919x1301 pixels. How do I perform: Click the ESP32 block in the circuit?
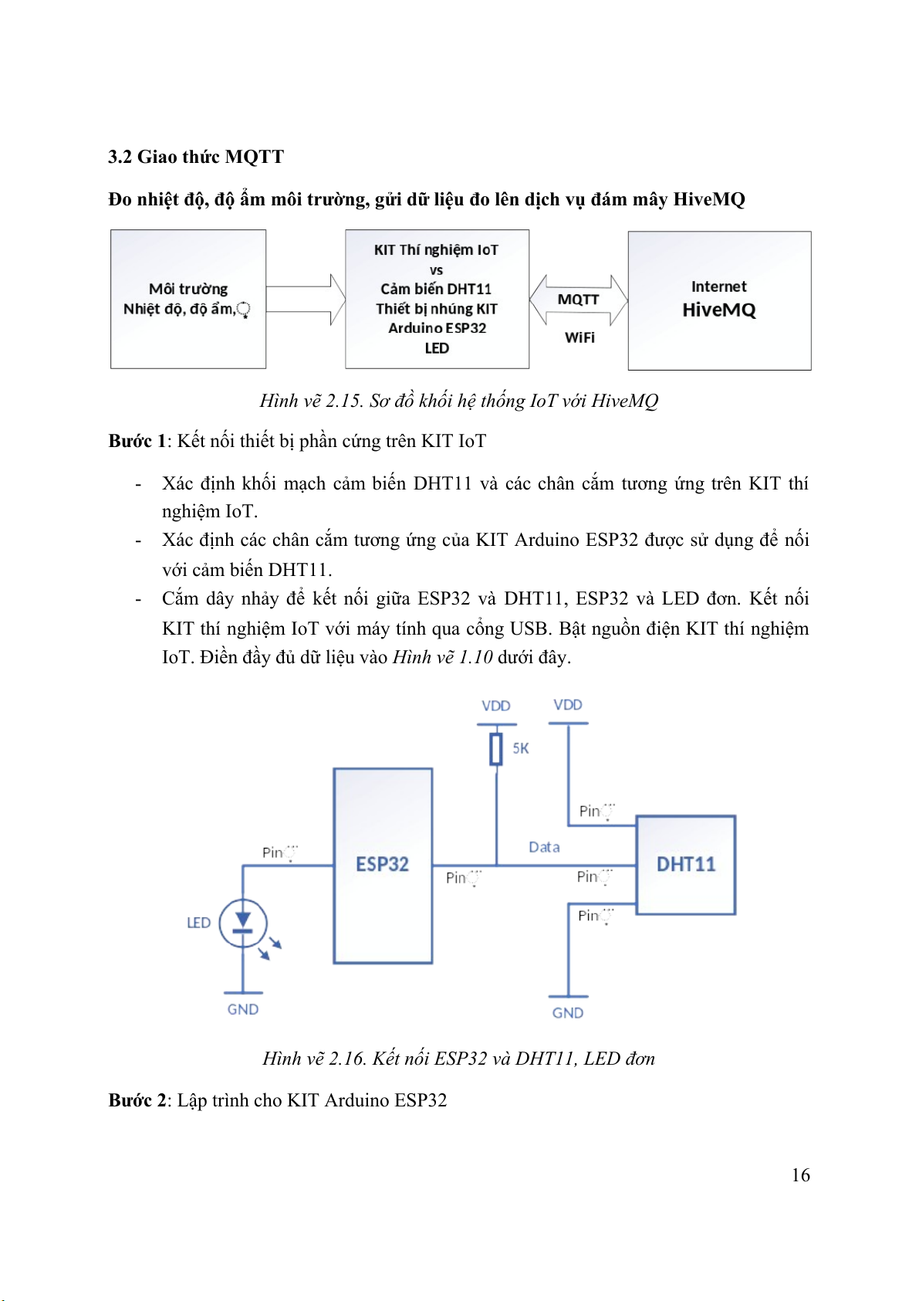[x=382, y=865]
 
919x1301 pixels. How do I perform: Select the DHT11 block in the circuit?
[x=685, y=865]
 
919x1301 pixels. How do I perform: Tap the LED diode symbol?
[x=243, y=922]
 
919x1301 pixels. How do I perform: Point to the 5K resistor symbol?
[x=496, y=749]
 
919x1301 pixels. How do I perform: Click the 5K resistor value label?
[x=521, y=748]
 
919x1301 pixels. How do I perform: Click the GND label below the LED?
[x=243, y=1009]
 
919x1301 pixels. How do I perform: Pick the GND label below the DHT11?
[x=568, y=1013]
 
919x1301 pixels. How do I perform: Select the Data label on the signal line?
[x=544, y=847]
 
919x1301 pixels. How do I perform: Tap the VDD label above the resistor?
[x=495, y=706]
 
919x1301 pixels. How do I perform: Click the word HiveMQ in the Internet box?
[x=719, y=310]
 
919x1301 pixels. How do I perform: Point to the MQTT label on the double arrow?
[x=578, y=300]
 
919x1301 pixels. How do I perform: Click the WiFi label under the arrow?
[x=579, y=337]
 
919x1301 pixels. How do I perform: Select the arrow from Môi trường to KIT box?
[x=306, y=300]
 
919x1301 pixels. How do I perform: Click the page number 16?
[x=800, y=1175]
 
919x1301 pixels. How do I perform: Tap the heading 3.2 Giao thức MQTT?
[x=196, y=157]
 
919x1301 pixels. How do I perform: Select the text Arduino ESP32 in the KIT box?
[x=437, y=328]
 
